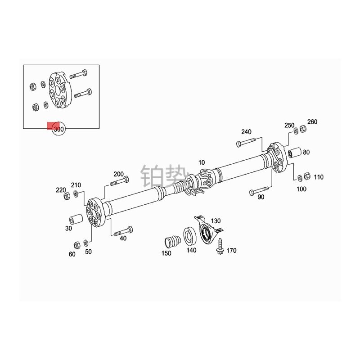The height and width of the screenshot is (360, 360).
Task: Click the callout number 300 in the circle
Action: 58,130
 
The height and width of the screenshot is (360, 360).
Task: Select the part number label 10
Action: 201,162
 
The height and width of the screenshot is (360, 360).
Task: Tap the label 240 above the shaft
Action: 246,132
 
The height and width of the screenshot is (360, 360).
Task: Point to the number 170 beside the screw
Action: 231,251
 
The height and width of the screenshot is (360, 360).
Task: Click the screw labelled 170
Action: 220,246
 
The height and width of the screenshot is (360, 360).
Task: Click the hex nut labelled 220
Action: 67,196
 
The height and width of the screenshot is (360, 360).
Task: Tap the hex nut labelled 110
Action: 307,175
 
